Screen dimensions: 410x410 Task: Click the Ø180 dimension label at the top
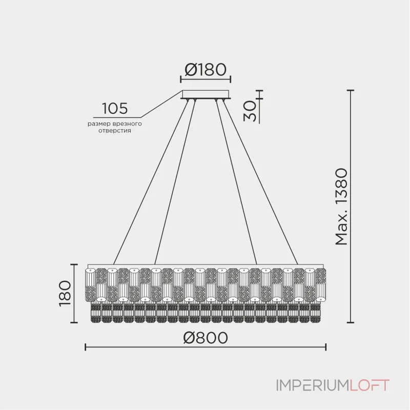click(206, 70)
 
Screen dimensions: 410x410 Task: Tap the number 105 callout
click(115, 108)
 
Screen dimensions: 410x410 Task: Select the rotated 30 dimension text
click(250, 111)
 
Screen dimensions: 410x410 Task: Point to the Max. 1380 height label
click(341, 207)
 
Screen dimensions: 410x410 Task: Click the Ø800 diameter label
click(206, 338)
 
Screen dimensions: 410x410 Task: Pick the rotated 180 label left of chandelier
click(65, 293)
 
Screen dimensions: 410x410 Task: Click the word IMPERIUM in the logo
click(313, 385)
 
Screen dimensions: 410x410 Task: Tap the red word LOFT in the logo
click(370, 385)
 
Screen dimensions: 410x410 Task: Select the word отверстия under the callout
click(114, 131)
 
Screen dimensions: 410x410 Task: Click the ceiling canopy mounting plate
click(206, 94)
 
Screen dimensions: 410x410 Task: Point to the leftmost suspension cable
click(151, 182)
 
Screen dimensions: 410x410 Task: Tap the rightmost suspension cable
click(260, 182)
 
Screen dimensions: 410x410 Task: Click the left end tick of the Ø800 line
click(86, 347)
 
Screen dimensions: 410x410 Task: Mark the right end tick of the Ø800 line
click(326, 347)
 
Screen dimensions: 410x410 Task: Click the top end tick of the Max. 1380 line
click(351, 90)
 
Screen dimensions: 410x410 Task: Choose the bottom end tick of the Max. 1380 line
click(351, 323)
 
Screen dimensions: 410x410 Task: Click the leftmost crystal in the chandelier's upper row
click(91, 285)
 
